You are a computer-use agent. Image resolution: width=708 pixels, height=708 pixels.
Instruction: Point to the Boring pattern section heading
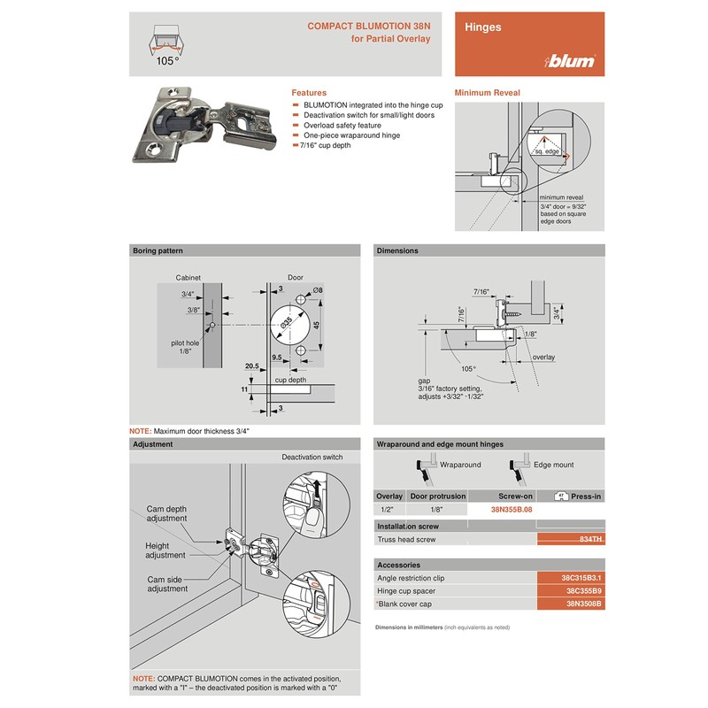tap(158, 250)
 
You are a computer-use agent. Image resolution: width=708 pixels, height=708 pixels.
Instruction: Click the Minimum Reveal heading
tap(487, 93)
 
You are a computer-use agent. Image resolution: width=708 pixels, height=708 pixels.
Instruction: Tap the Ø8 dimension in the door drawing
tap(317, 290)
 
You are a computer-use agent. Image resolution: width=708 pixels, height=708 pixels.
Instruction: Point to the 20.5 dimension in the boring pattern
tap(252, 366)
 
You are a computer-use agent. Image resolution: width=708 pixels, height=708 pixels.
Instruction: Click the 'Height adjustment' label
tap(165, 550)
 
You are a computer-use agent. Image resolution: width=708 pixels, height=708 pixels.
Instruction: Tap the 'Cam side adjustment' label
tap(167, 583)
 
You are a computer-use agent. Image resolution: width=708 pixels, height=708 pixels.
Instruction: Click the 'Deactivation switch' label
tap(312, 458)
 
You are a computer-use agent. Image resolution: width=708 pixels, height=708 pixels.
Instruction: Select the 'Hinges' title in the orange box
tap(483, 27)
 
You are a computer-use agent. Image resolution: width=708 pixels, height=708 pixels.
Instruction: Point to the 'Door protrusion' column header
tap(437, 496)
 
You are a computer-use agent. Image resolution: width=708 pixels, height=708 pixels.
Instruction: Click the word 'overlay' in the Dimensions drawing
tap(544, 358)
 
